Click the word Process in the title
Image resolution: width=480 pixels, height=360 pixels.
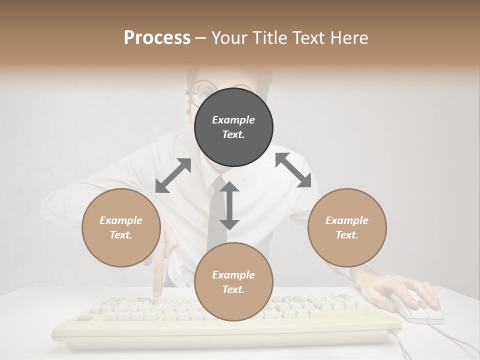[x=157, y=37]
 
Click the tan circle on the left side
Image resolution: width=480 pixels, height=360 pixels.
[x=121, y=227]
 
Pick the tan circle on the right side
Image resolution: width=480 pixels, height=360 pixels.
[x=347, y=227]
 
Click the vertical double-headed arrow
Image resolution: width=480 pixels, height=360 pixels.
[x=229, y=205]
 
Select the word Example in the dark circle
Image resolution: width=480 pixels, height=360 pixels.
[x=233, y=120]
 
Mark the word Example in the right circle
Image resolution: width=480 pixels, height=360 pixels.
[x=347, y=220]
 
